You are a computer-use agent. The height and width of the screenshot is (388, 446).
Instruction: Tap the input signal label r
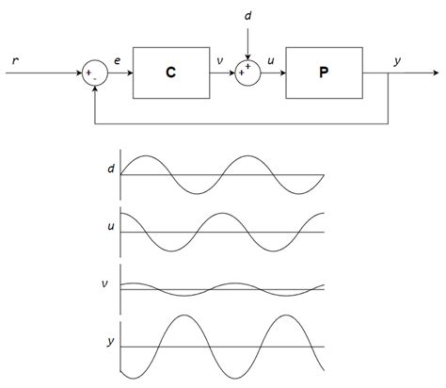click(x=16, y=60)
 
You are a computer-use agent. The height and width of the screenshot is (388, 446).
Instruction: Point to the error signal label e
click(x=118, y=61)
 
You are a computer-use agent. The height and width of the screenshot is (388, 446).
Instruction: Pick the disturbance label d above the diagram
click(x=247, y=15)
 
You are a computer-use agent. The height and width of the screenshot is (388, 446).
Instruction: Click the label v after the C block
click(x=219, y=61)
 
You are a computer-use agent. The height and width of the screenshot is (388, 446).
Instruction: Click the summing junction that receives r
click(x=93, y=72)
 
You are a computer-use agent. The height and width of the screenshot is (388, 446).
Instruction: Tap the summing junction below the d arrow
click(x=247, y=72)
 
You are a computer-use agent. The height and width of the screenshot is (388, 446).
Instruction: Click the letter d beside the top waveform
click(x=111, y=170)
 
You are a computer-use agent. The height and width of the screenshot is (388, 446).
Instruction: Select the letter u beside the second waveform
click(x=111, y=226)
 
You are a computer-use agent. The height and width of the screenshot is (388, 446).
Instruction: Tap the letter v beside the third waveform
click(x=111, y=283)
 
